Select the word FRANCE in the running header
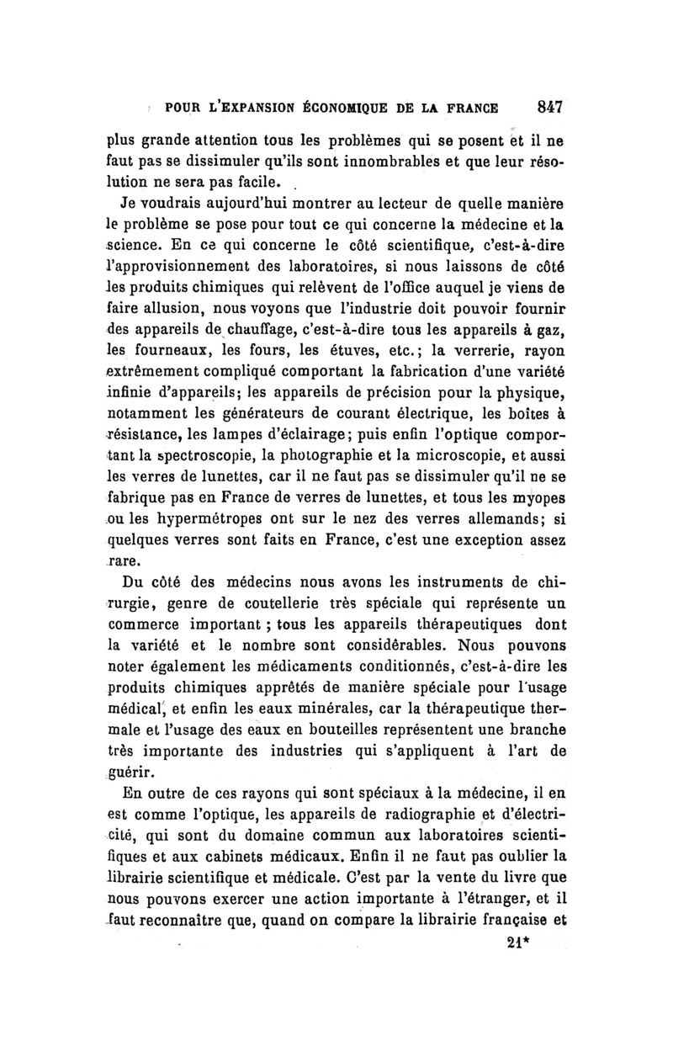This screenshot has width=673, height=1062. coord(464,108)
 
